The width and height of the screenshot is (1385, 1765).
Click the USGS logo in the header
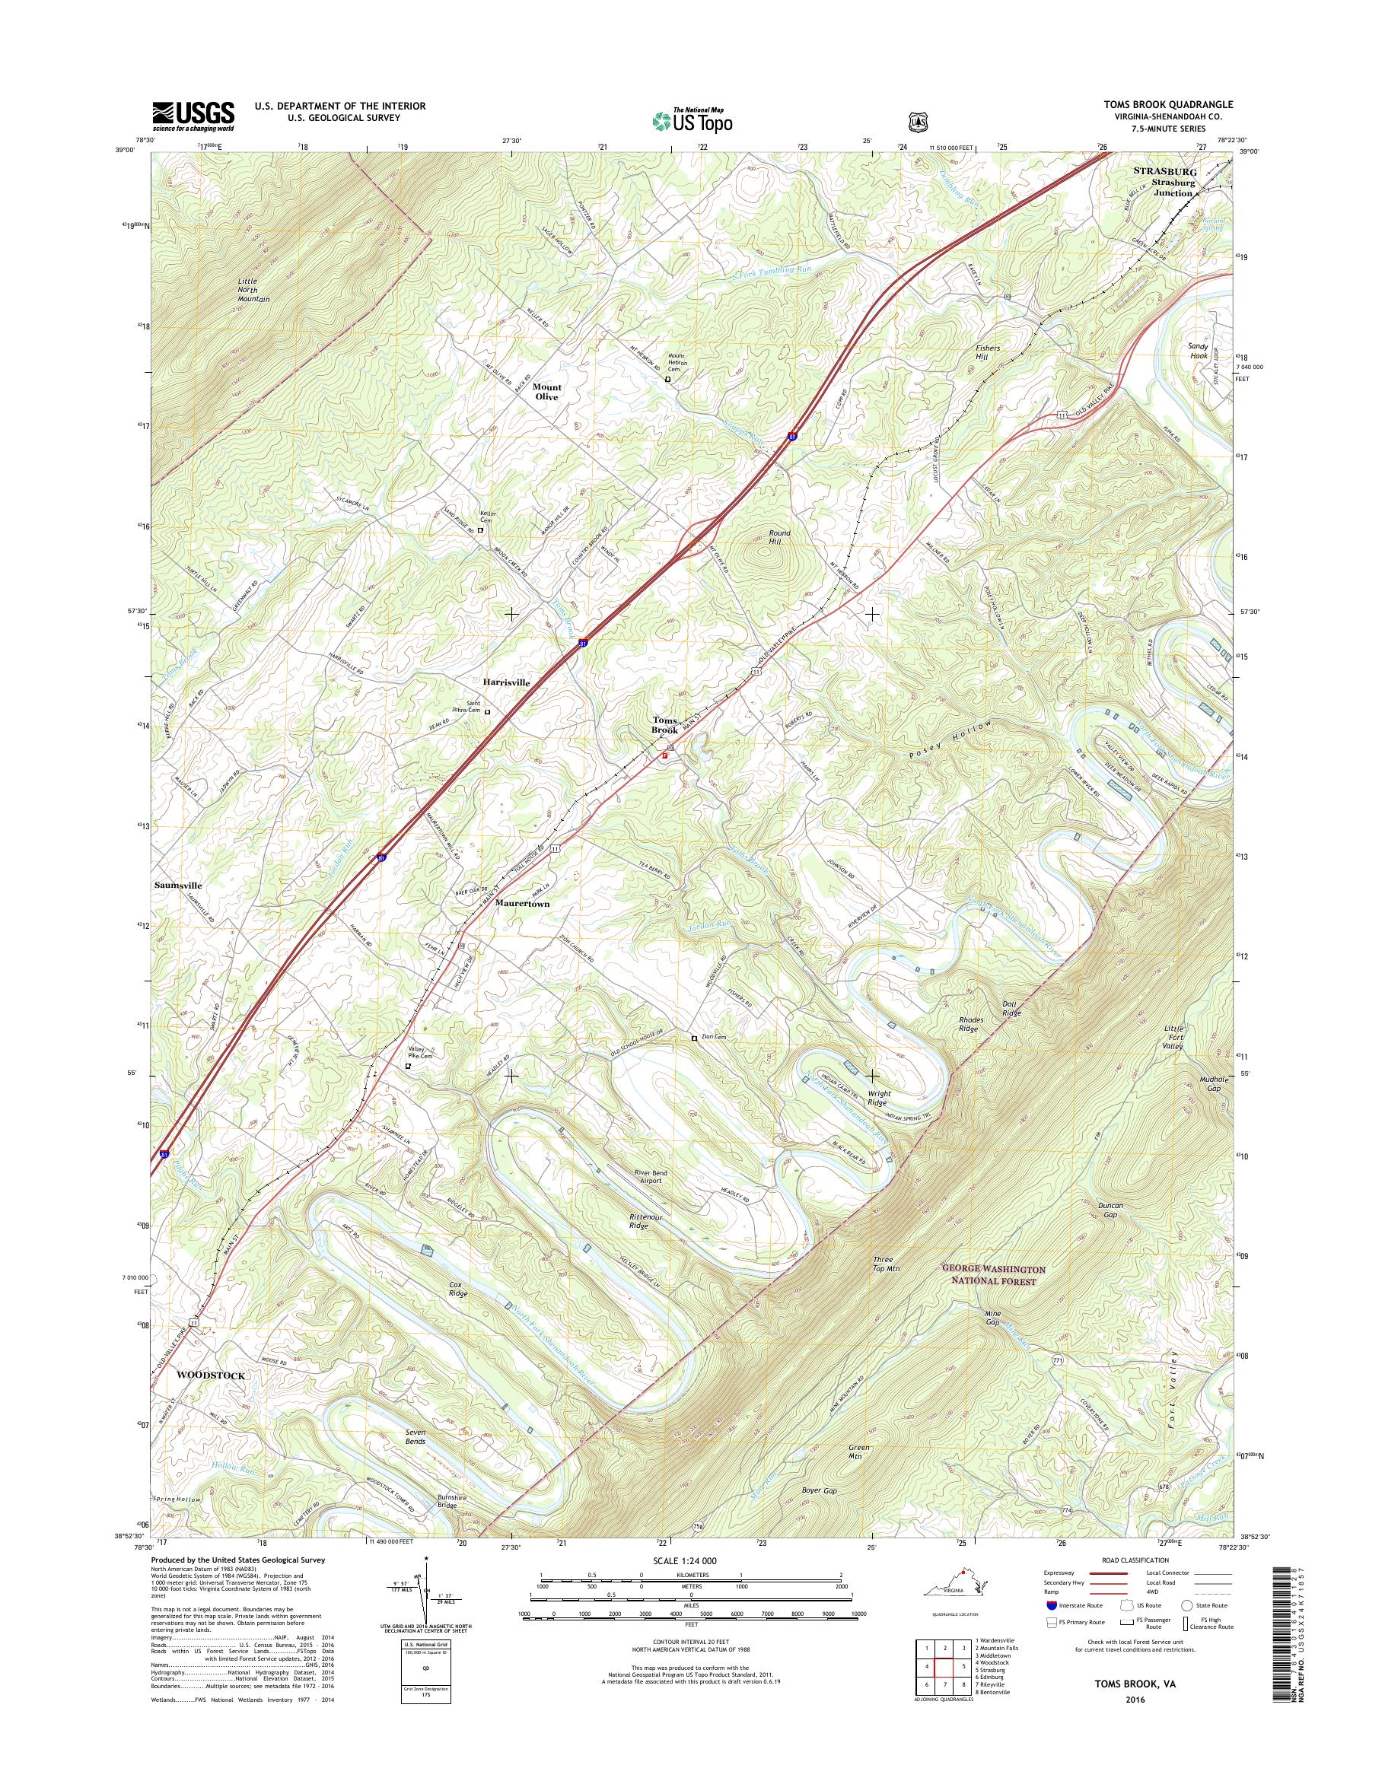pos(193,116)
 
